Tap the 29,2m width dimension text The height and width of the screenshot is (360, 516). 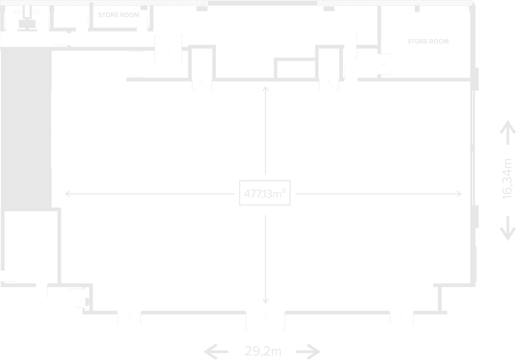click(263, 351)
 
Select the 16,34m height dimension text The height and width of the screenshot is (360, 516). click(507, 179)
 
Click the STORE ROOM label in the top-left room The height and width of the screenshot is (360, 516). click(119, 15)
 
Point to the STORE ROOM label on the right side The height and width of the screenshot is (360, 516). click(428, 41)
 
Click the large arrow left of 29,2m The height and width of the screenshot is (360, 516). click(216, 352)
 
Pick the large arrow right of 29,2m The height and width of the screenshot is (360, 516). click(309, 352)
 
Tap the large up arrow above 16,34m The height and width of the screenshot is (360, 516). click(508, 132)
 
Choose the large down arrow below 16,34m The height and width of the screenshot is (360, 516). click(508, 228)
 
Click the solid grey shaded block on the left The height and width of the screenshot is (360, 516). click(26, 129)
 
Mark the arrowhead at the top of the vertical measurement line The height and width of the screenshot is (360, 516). click(266, 88)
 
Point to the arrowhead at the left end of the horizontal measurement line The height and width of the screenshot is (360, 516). click(68, 194)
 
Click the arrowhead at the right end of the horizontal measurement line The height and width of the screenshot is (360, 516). click(459, 194)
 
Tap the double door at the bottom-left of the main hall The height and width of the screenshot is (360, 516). click(129, 317)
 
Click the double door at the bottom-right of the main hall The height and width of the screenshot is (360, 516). click(402, 317)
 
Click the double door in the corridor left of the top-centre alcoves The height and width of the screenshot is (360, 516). click(168, 49)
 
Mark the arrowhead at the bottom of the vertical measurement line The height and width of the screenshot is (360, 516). click(266, 301)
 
